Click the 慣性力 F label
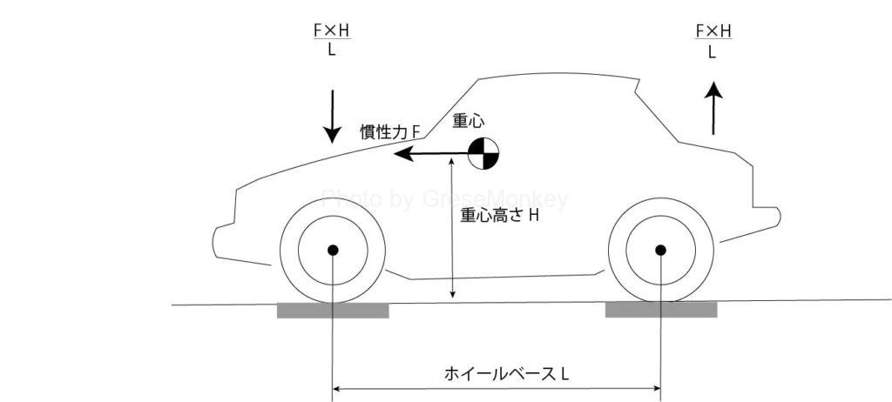click(x=391, y=132)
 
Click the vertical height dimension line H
click(x=452, y=252)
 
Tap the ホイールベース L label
click(x=506, y=375)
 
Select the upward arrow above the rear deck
click(x=713, y=106)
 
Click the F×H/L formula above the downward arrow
click(x=331, y=40)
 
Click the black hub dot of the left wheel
click(x=332, y=251)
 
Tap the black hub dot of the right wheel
click(x=660, y=251)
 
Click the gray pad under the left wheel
click(x=332, y=310)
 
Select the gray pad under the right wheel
click(x=661, y=310)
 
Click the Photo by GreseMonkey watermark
click(x=444, y=200)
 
